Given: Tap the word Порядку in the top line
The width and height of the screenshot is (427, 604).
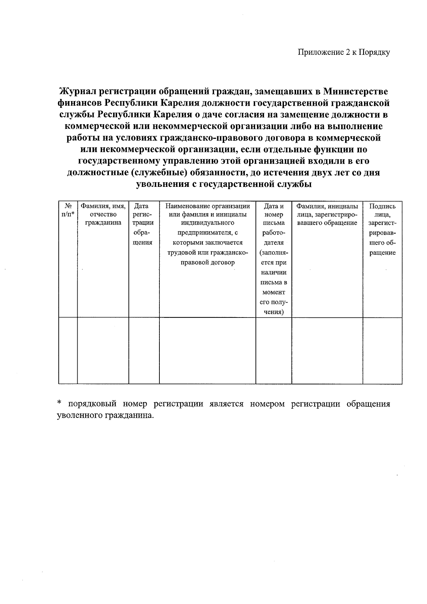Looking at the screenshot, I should click(374, 53).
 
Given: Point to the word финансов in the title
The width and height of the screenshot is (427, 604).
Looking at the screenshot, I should click(79, 103).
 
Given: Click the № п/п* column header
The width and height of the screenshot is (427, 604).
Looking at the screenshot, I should click(68, 210).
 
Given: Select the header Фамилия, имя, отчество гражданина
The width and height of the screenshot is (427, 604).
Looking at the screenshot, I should click(103, 214).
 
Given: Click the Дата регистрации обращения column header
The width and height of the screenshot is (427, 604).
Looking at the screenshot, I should click(144, 224).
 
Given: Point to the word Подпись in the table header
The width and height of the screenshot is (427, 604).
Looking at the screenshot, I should click(383, 206).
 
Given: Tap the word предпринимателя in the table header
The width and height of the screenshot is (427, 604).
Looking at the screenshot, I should click(208, 233).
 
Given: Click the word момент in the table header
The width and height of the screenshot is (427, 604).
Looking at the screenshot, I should click(274, 292).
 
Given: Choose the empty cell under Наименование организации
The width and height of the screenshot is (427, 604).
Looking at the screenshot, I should click(207, 350).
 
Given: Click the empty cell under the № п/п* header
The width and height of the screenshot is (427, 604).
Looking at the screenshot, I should click(68, 350).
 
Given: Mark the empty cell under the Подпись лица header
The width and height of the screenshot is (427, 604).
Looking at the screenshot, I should click(383, 350).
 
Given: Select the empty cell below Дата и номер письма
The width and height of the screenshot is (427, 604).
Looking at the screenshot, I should click(274, 350).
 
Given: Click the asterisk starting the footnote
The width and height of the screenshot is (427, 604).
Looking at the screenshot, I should click(59, 403).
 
